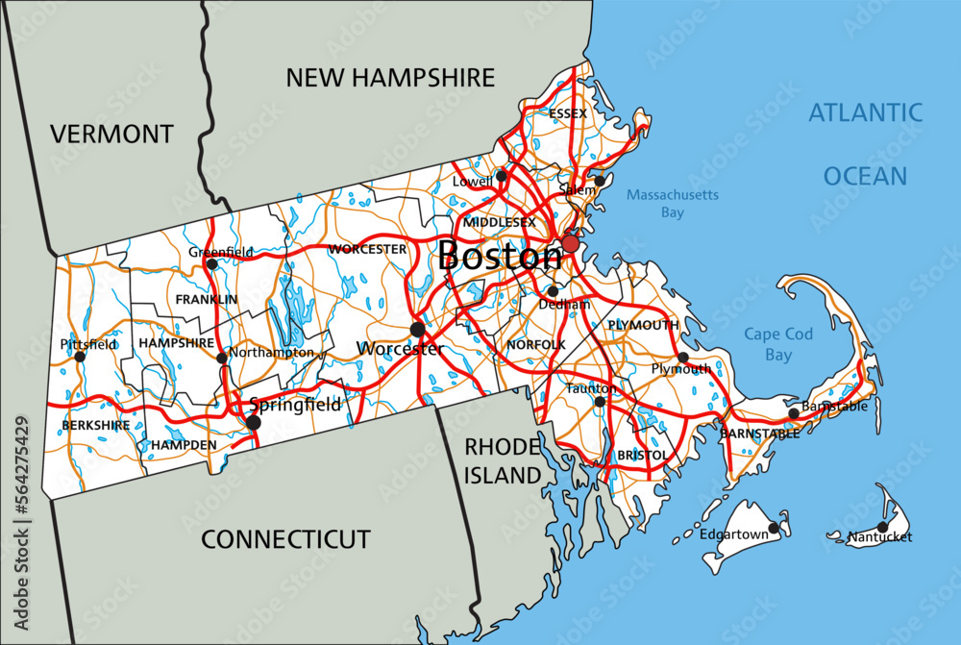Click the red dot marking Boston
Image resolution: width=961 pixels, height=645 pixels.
tap(571, 243)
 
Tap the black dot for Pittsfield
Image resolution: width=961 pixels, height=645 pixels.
tap(80, 357)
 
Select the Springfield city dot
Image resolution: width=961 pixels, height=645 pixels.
tap(254, 422)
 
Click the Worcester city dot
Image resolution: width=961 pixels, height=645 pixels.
tap(417, 330)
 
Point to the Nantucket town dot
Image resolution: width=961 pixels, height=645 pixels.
tap(882, 527)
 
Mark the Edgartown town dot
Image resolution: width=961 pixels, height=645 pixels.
tap(774, 528)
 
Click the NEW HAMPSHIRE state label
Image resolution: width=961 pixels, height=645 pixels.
tap(389, 78)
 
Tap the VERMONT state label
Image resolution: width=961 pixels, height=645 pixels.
tap(111, 134)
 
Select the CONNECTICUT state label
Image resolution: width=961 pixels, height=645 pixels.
tap(284, 539)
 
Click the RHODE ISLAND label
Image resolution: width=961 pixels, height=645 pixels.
tap(504, 460)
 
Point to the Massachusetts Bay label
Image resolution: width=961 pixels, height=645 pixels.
tap(672, 203)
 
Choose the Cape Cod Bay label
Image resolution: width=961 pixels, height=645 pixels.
tap(778, 344)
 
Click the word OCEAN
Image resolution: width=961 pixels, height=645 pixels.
tap(864, 176)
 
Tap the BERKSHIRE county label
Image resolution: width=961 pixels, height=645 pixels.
tap(95, 425)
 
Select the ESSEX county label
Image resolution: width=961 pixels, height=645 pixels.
tap(567, 113)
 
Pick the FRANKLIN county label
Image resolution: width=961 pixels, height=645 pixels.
tap(206, 300)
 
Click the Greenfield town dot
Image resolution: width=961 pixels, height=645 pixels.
tap(211, 263)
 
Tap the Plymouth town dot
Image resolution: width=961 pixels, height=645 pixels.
tap(683, 358)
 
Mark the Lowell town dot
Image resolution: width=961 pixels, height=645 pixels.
tap(501, 176)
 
